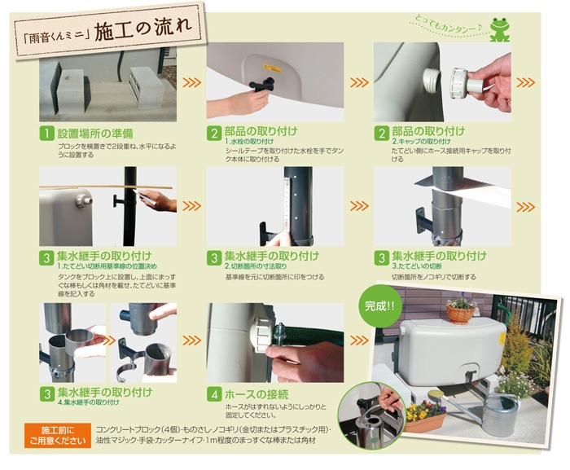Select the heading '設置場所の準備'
tap(90, 132)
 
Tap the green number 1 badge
tap(47, 133)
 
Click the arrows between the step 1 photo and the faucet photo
tap(191, 82)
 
